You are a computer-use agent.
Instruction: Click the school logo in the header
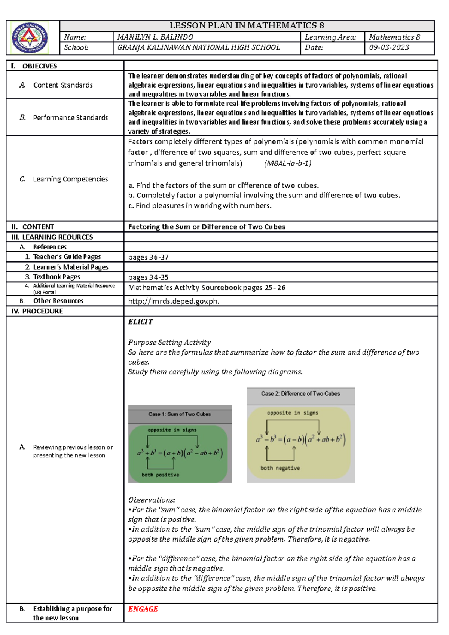30,38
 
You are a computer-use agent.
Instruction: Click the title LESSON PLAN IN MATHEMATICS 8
247,25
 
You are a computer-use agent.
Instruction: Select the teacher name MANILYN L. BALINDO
155,37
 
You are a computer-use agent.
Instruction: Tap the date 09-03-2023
389,47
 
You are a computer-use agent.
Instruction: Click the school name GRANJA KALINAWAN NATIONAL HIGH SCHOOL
199,47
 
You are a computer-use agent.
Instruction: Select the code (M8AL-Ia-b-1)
288,163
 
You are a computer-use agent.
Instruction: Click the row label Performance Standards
70,117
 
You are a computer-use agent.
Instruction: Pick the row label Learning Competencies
70,179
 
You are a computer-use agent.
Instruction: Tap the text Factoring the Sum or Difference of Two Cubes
207,227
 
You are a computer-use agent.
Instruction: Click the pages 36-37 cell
148,257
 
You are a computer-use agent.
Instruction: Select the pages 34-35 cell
148,277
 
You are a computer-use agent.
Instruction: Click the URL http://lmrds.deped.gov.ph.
174,301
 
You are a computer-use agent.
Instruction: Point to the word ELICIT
141,322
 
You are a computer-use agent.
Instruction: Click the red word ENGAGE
143,609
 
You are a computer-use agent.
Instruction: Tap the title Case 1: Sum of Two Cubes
180,414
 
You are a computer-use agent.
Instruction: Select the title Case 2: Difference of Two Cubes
300,394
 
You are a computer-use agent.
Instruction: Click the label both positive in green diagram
160,475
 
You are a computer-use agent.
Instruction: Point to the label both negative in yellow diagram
280,468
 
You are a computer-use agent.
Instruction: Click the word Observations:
152,500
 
